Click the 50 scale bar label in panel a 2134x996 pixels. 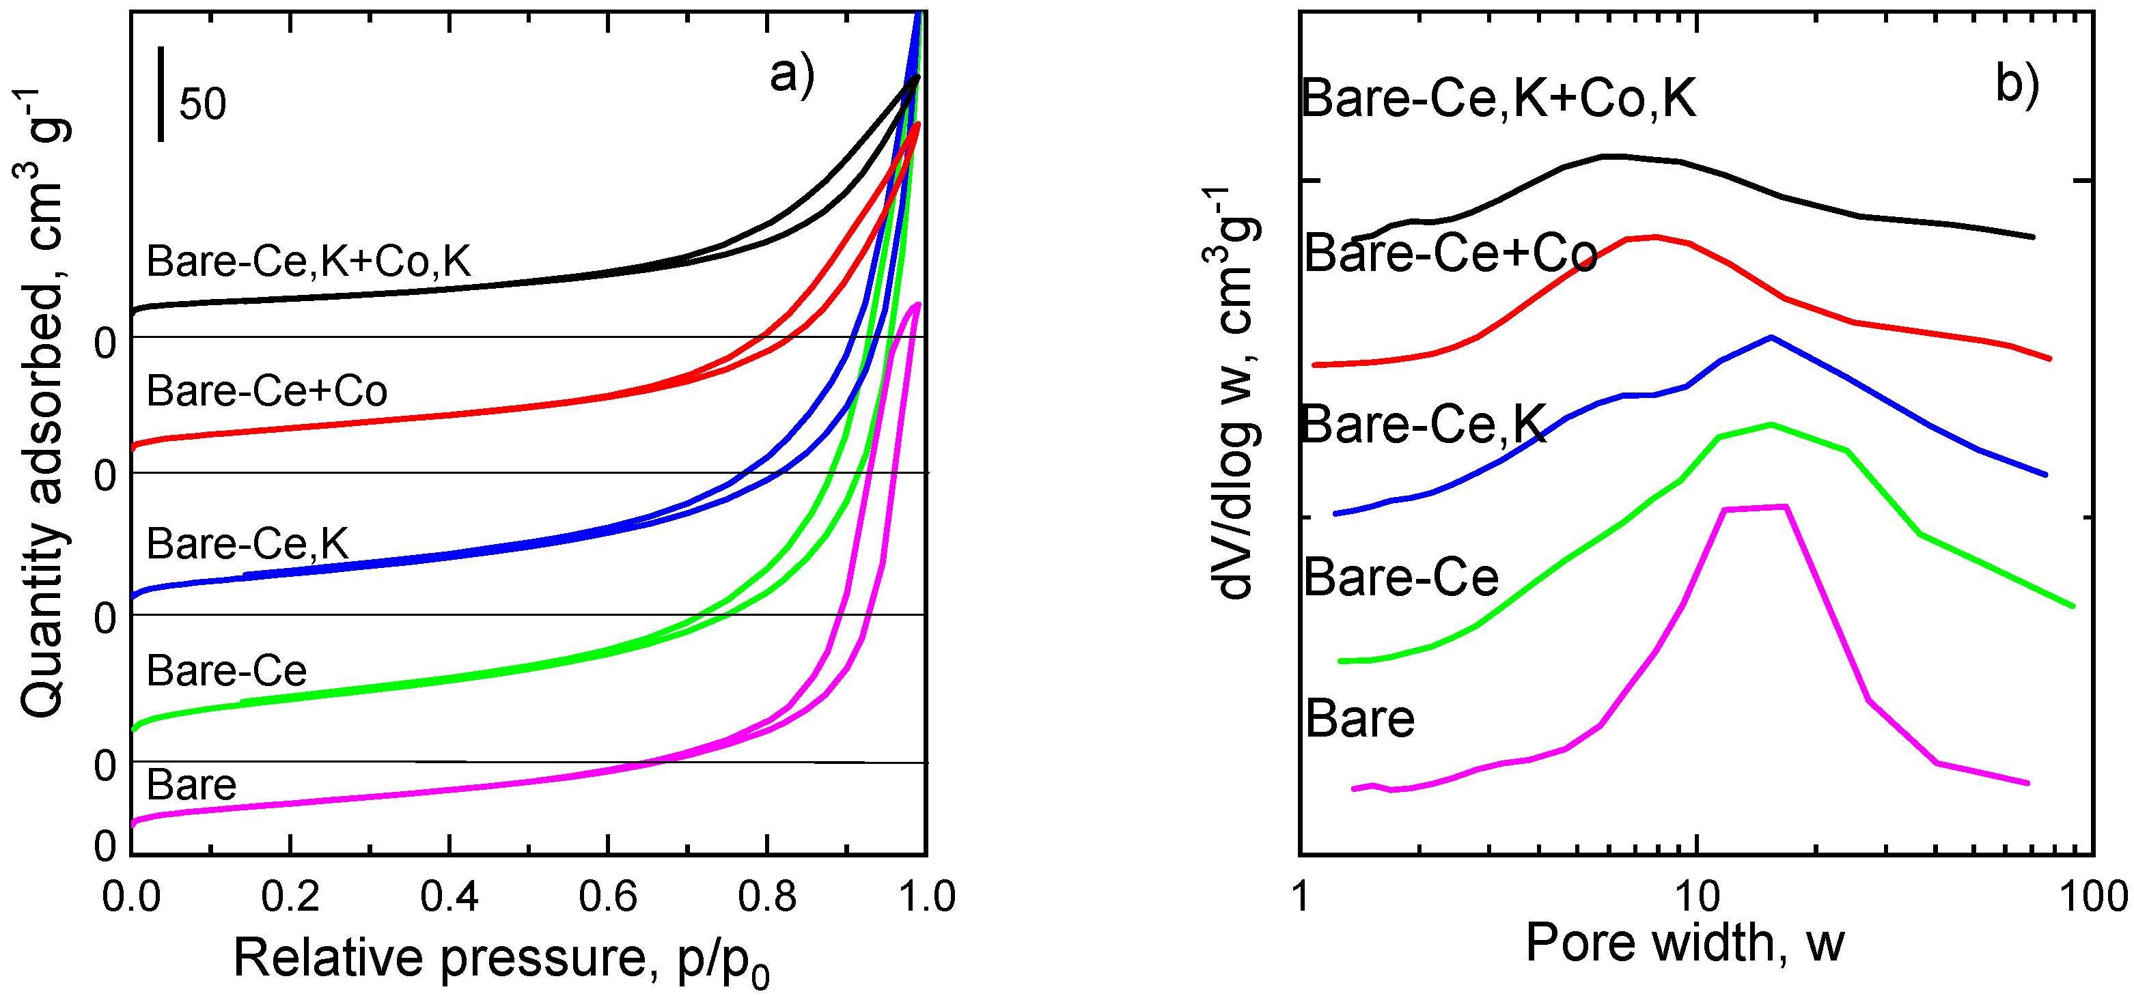[x=202, y=104]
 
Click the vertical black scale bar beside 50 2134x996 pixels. [x=161, y=94]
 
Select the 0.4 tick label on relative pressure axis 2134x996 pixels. [x=449, y=896]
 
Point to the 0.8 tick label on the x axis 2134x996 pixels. [x=767, y=896]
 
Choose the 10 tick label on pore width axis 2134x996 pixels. [x=1697, y=896]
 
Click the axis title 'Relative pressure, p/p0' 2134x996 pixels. [x=501, y=958]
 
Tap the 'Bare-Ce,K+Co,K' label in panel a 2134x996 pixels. [x=308, y=261]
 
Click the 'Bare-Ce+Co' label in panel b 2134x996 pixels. [x=1450, y=253]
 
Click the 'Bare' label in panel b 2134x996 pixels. [x=1359, y=717]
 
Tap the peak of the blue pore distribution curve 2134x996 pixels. [x=1771, y=337]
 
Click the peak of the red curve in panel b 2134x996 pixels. [x=1654, y=237]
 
